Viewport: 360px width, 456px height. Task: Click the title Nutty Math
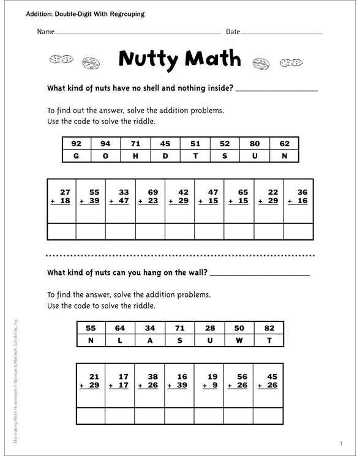click(179, 59)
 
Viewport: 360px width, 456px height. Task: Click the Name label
click(46, 31)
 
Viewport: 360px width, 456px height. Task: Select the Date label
click(233, 31)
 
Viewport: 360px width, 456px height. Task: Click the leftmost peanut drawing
click(60, 60)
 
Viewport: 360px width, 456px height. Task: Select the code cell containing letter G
click(76, 156)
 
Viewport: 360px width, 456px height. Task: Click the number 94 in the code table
click(105, 144)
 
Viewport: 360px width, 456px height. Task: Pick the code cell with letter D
click(165, 156)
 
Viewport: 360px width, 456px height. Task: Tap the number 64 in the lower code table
click(120, 328)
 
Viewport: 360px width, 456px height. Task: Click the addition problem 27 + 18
click(61, 196)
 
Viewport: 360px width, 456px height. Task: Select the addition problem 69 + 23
click(150, 196)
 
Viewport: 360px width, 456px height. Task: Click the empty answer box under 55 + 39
click(91, 231)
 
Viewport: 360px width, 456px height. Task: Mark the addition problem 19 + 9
click(209, 381)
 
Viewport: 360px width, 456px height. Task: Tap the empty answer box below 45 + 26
click(268, 416)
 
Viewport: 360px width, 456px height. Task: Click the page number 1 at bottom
click(340, 443)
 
